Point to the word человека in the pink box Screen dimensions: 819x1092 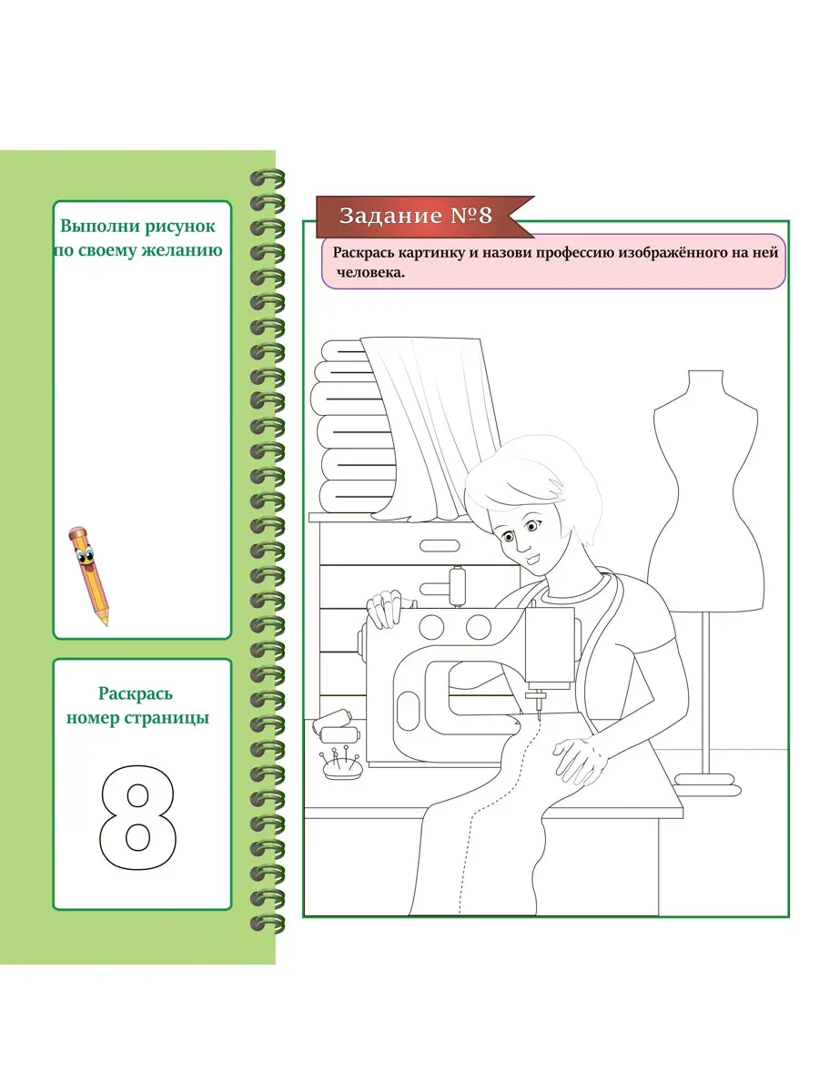(x=370, y=273)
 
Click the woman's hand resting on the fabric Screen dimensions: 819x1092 (x=580, y=761)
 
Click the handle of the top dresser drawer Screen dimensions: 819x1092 (x=440, y=545)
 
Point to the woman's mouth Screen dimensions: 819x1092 (x=532, y=558)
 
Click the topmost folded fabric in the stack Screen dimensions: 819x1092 (x=344, y=350)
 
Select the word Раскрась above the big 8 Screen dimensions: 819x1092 (x=136, y=693)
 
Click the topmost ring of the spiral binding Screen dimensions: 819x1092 (x=268, y=177)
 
